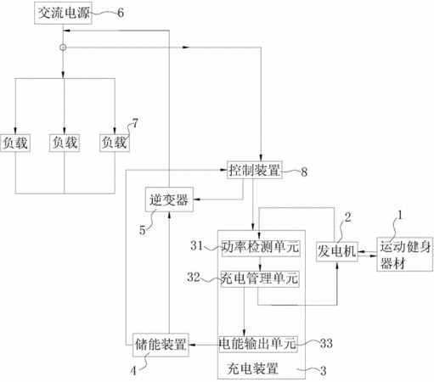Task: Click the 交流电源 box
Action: pos(63,13)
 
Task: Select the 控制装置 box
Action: pos(255,170)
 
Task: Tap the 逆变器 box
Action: pos(169,199)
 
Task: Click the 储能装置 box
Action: pos(161,345)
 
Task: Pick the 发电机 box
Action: pos(336,251)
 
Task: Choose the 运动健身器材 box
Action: pos(404,255)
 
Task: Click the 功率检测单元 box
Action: pos(261,248)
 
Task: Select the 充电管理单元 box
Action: pos(260,279)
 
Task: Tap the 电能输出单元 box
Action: pos(258,344)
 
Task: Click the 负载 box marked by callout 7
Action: pos(115,143)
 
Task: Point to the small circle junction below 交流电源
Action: pos(63,48)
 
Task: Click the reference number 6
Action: pos(121,13)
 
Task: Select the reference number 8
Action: pos(304,171)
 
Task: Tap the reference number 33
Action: pos(326,344)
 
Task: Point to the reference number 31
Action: pos(196,245)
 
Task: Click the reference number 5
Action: pos(142,230)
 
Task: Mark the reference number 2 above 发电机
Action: pos(347,217)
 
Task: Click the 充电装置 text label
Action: pos(253,368)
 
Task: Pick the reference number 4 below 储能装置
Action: pos(133,371)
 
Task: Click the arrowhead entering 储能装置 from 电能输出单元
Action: pos(192,345)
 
